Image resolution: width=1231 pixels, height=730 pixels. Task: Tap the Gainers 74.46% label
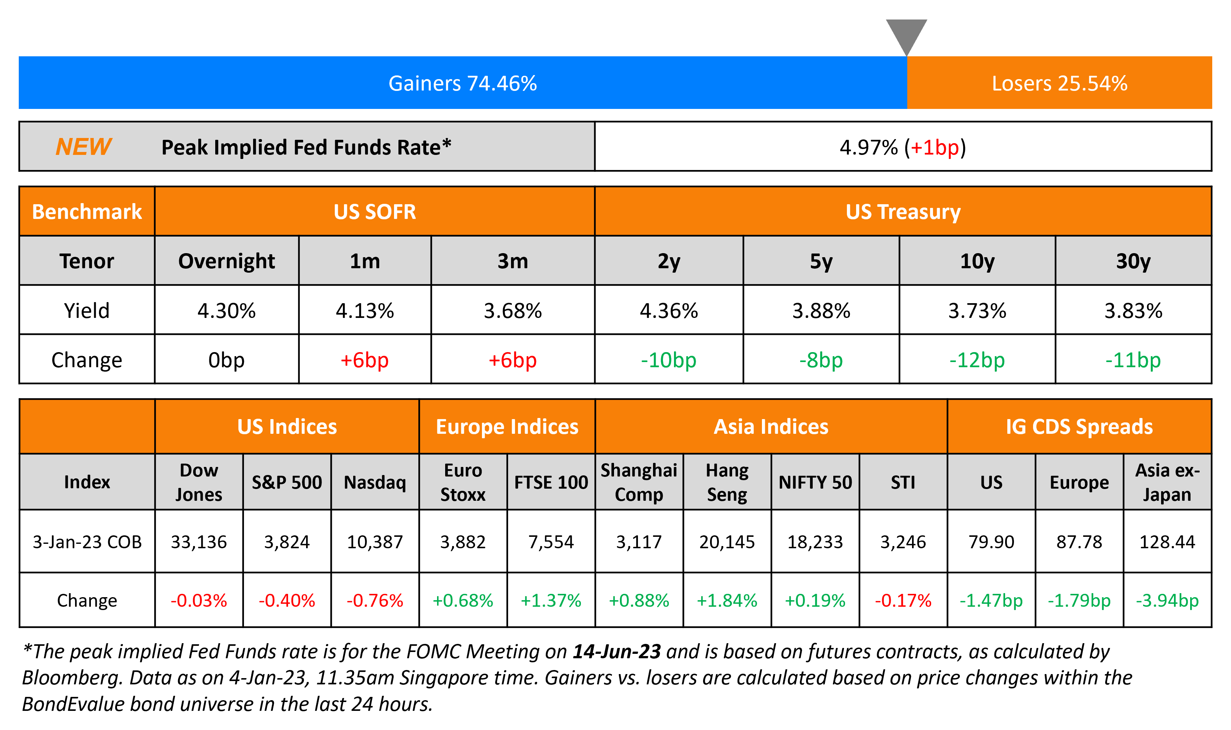[462, 83]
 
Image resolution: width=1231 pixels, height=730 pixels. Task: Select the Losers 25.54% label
[1059, 83]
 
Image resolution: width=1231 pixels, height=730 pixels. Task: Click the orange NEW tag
[83, 146]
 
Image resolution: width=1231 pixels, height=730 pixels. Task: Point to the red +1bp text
[934, 147]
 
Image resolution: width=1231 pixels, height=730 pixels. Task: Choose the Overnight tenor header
[226, 261]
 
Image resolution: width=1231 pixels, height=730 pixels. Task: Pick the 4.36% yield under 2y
[668, 311]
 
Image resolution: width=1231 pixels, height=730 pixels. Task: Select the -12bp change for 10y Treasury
[977, 360]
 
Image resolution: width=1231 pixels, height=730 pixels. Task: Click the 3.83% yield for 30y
[1133, 311]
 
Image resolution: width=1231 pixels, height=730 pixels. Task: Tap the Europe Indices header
[507, 426]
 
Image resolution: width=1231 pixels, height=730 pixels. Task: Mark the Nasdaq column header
[375, 482]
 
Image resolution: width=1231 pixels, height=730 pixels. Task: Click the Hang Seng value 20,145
[727, 542]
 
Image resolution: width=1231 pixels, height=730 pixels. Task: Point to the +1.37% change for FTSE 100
[551, 600]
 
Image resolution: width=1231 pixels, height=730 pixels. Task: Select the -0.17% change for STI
[903, 600]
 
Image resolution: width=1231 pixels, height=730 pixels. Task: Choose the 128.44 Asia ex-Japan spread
[1167, 542]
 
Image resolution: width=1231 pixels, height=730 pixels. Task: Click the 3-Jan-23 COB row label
[87, 542]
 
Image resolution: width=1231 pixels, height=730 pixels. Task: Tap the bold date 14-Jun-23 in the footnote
[616, 651]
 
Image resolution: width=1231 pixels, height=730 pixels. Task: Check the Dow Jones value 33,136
[199, 542]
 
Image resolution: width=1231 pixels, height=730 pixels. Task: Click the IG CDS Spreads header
[1079, 426]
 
